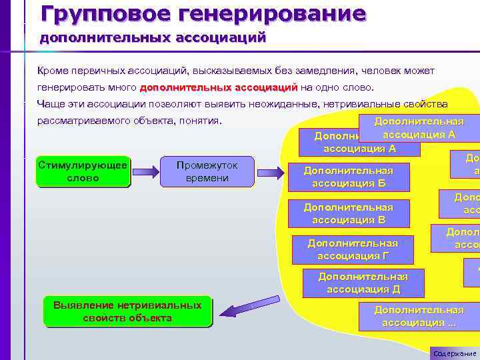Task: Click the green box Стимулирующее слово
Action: click(x=83, y=171)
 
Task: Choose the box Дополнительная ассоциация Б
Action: click(x=348, y=177)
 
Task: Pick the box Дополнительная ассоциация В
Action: click(x=348, y=213)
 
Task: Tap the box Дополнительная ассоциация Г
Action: click(x=352, y=249)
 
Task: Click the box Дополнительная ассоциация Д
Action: click(x=363, y=283)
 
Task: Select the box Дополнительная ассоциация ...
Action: click(x=418, y=316)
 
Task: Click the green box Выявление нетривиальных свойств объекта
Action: click(x=127, y=311)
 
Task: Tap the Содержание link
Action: click(x=455, y=353)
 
